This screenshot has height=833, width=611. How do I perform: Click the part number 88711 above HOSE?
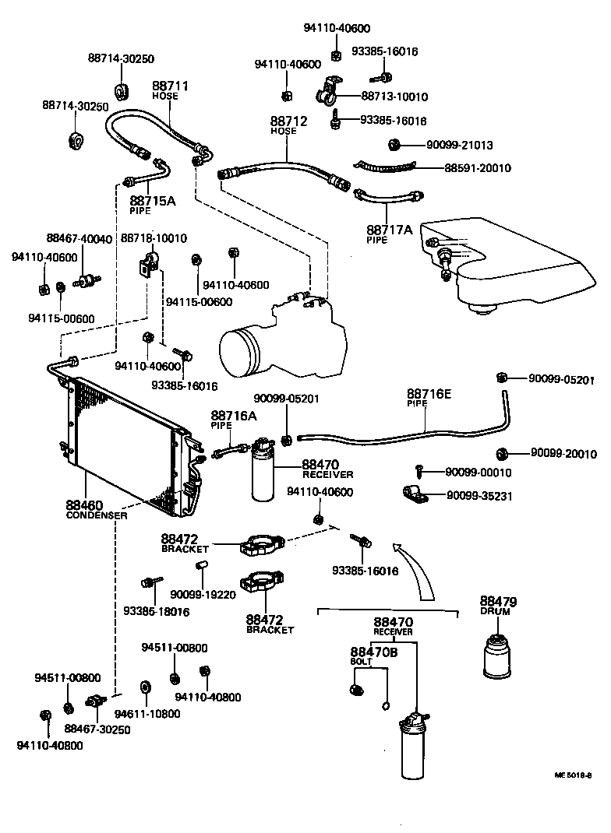[x=170, y=86]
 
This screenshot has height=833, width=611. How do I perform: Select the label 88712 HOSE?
[x=288, y=125]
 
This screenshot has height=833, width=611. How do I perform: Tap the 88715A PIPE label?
[x=152, y=204]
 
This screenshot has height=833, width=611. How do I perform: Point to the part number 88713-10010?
[x=394, y=97]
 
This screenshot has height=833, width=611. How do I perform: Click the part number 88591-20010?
[x=477, y=167]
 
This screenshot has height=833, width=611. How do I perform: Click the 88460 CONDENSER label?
[x=96, y=509]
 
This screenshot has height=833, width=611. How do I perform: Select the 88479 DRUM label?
[x=498, y=606]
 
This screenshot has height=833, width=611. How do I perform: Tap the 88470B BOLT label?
[x=373, y=656]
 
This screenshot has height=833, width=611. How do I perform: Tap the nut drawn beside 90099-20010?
[x=503, y=454]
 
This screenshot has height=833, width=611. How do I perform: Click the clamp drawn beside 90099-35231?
[x=411, y=494]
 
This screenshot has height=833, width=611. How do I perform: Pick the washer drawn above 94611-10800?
[x=145, y=687]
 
